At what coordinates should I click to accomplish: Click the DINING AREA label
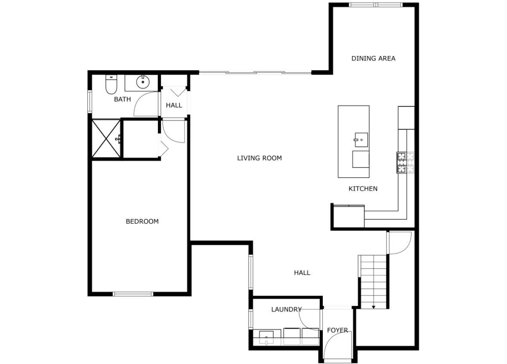(x=373, y=58)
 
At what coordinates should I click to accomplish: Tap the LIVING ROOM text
(x=259, y=158)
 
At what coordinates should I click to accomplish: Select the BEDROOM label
(x=142, y=221)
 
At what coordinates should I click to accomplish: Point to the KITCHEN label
(x=363, y=189)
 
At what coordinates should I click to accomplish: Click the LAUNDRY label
(x=286, y=309)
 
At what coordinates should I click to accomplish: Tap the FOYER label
(x=337, y=330)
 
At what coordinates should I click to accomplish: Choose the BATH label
(x=122, y=100)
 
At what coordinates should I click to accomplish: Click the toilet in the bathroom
(x=111, y=84)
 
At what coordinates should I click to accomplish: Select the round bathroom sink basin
(x=142, y=81)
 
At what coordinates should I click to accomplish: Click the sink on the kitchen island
(x=361, y=139)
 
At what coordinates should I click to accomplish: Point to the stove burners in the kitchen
(x=405, y=162)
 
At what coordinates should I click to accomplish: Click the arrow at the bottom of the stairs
(x=374, y=307)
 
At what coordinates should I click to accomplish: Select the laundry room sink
(x=267, y=337)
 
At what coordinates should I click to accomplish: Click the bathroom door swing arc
(x=145, y=105)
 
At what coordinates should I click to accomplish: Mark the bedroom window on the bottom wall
(x=133, y=294)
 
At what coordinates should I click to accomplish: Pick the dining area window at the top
(x=375, y=5)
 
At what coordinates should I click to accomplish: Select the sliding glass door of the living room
(x=255, y=72)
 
